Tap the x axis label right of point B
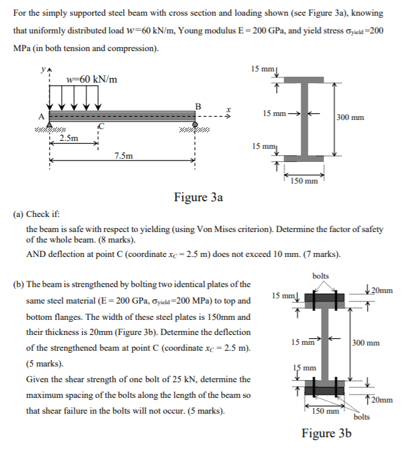pyautogui.click(x=228, y=110)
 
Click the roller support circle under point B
pyautogui.click(x=195, y=123)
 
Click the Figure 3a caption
pyautogui.click(x=198, y=197)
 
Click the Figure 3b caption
pyautogui.click(x=326, y=433)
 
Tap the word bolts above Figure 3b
pyautogui.click(x=321, y=276)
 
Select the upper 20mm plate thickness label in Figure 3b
pyautogui.click(x=380, y=290)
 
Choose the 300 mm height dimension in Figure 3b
pyautogui.click(x=366, y=342)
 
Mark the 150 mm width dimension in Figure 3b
pyautogui.click(x=326, y=411)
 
